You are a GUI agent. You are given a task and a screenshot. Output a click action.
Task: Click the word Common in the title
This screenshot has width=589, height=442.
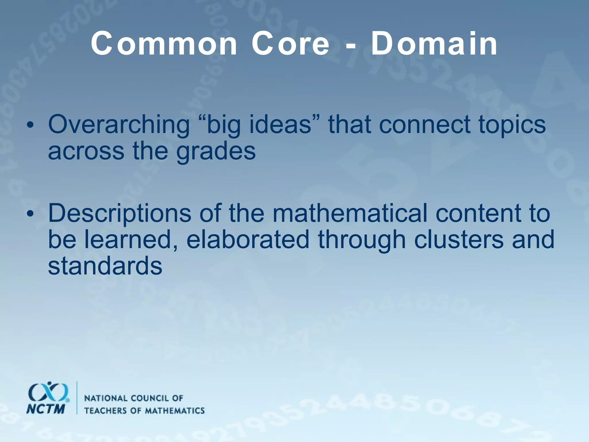164,45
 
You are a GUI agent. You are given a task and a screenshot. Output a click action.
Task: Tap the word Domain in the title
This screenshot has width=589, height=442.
434,45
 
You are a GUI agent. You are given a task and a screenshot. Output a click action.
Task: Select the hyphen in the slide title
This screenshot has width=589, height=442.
350,46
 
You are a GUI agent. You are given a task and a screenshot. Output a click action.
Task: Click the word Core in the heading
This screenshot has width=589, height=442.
290,45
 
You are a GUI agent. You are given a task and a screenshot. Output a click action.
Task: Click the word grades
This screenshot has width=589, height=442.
216,152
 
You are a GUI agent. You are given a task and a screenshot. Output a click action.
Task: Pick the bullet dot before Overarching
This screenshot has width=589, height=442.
30,125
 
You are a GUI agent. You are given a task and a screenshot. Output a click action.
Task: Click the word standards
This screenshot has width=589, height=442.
105,266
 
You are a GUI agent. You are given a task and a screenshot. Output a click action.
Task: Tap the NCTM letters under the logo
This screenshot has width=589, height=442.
45,409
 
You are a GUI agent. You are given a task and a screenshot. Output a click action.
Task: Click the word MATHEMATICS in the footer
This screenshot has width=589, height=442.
175,410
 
